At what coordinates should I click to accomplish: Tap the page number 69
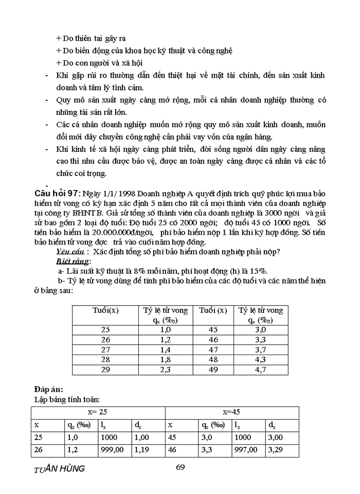tap(179, 467)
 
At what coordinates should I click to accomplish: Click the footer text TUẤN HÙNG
tap(59, 469)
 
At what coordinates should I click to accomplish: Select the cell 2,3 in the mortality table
tap(165, 369)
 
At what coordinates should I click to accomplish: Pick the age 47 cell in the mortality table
tap(212, 349)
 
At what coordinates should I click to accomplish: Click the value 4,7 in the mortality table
tap(260, 369)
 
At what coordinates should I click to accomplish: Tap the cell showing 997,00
tap(245, 449)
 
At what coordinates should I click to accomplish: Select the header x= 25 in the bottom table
tap(98, 412)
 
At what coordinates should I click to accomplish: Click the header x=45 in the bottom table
tap(232, 412)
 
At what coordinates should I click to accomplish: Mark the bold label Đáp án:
tap(49, 390)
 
